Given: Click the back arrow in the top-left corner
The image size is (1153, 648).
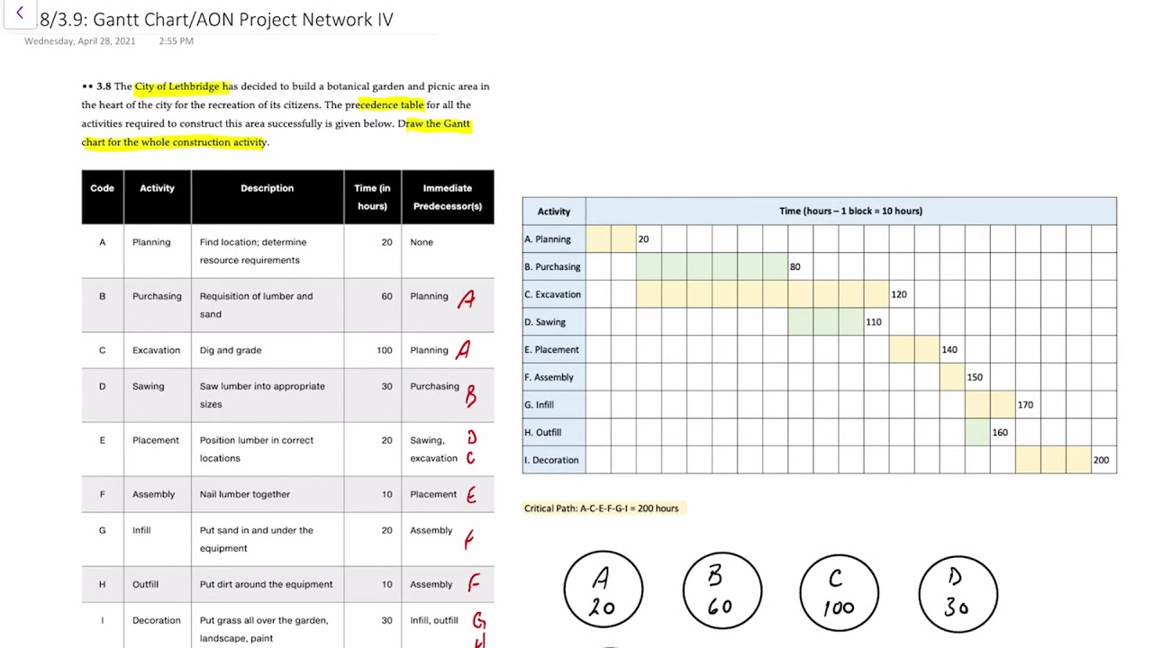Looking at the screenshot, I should tap(20, 13).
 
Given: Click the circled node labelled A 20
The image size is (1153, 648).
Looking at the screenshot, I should tap(603, 590).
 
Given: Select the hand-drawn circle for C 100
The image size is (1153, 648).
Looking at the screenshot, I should tap(839, 592).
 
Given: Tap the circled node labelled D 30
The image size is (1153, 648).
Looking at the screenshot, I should tap(958, 592).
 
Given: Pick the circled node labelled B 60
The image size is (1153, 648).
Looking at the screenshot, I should tap(722, 591).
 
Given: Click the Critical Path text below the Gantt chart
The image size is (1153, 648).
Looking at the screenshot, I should tap(601, 508).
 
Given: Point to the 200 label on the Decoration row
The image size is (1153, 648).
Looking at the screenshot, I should tap(1101, 460).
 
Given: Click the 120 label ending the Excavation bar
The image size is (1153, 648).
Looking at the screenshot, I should tap(898, 294).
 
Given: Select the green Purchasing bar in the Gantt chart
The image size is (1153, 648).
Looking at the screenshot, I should tap(712, 266).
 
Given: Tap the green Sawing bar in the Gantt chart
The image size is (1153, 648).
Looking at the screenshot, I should tap(825, 322).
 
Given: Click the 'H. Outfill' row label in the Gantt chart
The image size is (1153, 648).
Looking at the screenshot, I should tap(543, 433).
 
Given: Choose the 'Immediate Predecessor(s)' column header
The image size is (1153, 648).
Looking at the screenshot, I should tap(447, 197).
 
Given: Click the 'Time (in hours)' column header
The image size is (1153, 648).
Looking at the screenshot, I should tap(372, 197).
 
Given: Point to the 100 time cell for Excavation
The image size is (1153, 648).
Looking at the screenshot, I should tap(385, 350).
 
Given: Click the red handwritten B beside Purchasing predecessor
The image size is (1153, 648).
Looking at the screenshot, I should tap(470, 394).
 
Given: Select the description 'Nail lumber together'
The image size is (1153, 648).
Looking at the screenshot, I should tap(245, 494).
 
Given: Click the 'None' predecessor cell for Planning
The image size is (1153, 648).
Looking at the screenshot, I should tap(422, 242).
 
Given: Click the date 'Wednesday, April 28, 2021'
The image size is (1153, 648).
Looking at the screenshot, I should tap(80, 41).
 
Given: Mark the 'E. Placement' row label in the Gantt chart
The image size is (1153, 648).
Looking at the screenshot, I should tap(551, 350).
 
